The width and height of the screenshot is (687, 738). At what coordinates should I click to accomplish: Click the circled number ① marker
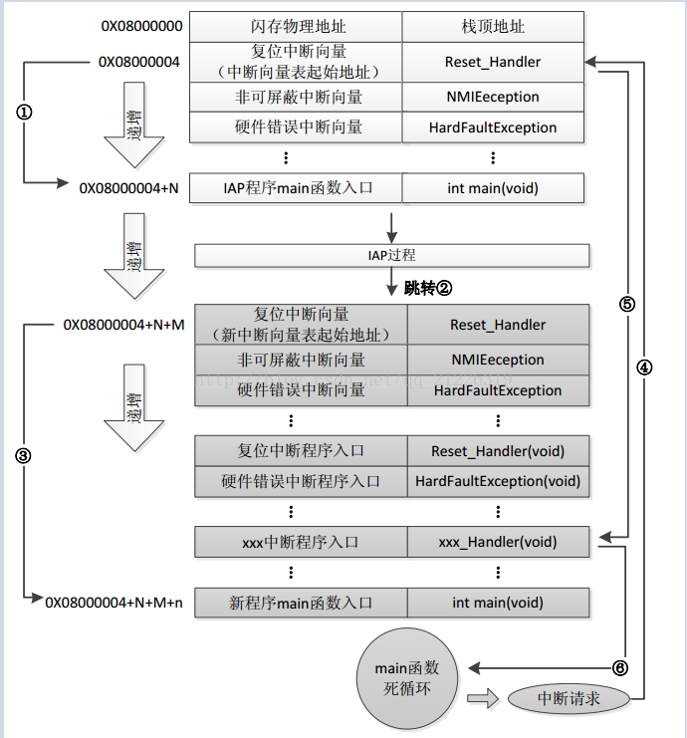tap(25, 112)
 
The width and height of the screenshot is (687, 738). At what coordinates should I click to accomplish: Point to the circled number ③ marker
tap(24, 455)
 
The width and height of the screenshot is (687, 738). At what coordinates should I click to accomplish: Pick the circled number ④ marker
tap(644, 367)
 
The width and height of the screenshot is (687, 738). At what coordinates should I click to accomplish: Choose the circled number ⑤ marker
tap(626, 305)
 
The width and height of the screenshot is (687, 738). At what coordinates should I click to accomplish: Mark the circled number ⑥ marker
tap(620, 667)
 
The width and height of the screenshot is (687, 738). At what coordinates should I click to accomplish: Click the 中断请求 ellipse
tap(569, 699)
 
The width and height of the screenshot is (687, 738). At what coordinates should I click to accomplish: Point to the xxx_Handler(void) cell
tap(498, 542)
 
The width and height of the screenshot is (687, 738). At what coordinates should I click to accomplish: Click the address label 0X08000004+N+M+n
tap(114, 603)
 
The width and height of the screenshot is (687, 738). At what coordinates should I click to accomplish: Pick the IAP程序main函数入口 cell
tap(299, 187)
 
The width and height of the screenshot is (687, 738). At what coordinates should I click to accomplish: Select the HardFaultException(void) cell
tap(498, 481)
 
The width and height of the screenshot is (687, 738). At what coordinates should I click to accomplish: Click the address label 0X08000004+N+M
tap(123, 325)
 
